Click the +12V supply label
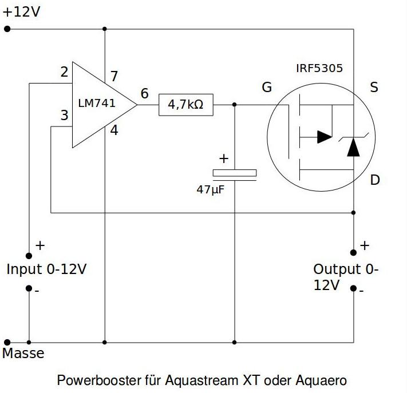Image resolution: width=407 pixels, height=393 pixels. point(21,12)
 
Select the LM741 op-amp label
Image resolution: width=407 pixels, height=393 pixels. point(97,103)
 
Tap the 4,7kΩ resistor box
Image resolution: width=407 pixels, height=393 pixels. point(186,105)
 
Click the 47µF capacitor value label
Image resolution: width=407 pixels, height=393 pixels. point(211,189)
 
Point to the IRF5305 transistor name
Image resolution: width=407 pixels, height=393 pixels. point(319,68)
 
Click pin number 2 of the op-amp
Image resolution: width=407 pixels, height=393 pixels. point(64,72)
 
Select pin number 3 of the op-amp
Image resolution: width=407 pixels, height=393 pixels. point(64,115)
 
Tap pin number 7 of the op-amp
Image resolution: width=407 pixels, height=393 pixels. point(114,76)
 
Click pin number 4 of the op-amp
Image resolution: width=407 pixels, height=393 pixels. point(114,130)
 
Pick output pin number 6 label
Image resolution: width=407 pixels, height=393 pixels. point(145,93)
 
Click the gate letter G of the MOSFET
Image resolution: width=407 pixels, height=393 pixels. point(267,87)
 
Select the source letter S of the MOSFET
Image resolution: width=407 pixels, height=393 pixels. point(374,87)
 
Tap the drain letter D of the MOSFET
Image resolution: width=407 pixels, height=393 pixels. point(375,180)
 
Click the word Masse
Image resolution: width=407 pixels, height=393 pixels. point(23,353)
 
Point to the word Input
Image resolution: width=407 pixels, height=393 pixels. point(25,269)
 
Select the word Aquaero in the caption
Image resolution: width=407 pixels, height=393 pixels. point(321,381)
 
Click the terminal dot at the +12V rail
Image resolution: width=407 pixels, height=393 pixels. point(7,29)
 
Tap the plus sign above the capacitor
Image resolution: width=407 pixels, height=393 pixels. point(224,158)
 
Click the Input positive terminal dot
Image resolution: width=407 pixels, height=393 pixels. point(29,256)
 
